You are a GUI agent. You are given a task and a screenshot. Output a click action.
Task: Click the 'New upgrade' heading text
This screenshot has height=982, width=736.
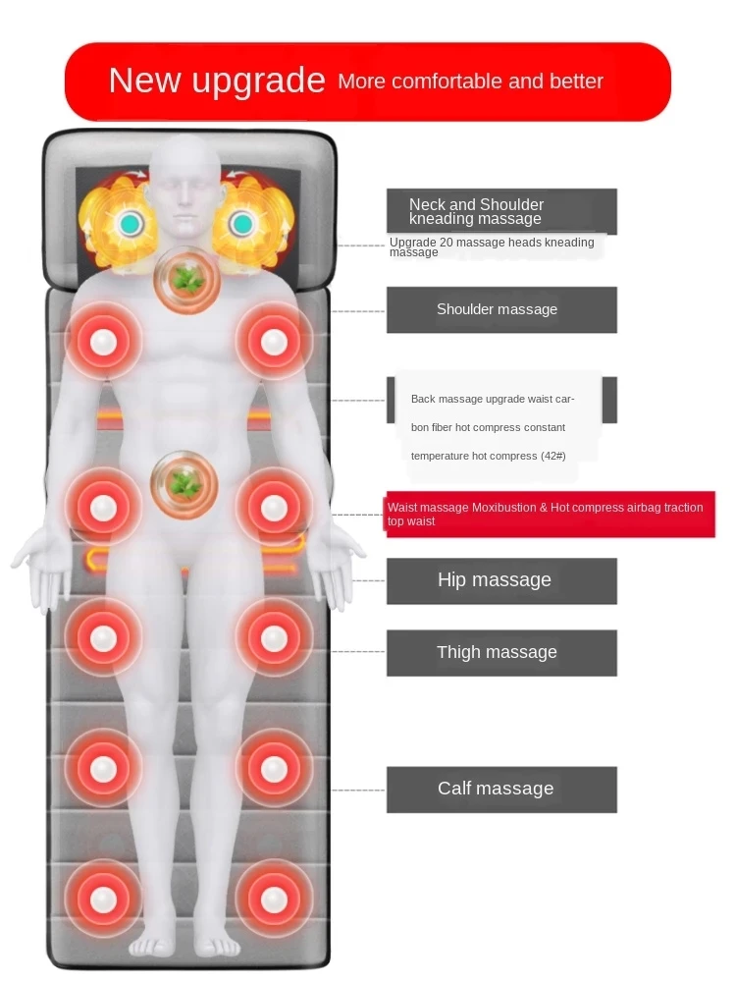(x=216, y=81)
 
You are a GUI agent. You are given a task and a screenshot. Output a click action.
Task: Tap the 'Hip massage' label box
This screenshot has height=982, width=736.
(x=500, y=580)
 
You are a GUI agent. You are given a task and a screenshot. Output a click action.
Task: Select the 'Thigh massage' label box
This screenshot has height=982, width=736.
(x=500, y=653)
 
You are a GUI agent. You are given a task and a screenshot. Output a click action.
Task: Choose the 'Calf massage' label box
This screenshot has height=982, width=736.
(x=500, y=789)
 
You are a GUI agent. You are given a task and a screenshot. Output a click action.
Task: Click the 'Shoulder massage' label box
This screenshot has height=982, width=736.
(x=500, y=309)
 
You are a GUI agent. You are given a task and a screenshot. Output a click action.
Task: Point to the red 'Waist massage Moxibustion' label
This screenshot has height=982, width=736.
(x=550, y=515)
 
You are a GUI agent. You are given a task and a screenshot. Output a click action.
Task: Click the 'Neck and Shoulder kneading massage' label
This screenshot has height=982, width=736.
(x=500, y=211)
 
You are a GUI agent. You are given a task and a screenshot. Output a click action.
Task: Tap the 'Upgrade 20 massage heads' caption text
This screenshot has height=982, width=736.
(x=491, y=246)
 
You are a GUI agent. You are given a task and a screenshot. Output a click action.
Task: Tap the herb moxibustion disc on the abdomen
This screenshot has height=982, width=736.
(x=184, y=484)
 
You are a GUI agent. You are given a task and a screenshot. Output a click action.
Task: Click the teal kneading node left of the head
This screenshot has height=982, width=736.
(x=129, y=225)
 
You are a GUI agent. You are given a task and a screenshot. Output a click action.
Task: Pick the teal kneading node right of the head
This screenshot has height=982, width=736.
(x=241, y=225)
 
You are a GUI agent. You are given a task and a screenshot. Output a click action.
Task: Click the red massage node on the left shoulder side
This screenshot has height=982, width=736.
(x=103, y=341)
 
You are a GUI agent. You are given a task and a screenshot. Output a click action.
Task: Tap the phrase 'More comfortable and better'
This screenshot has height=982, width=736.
(x=470, y=82)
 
